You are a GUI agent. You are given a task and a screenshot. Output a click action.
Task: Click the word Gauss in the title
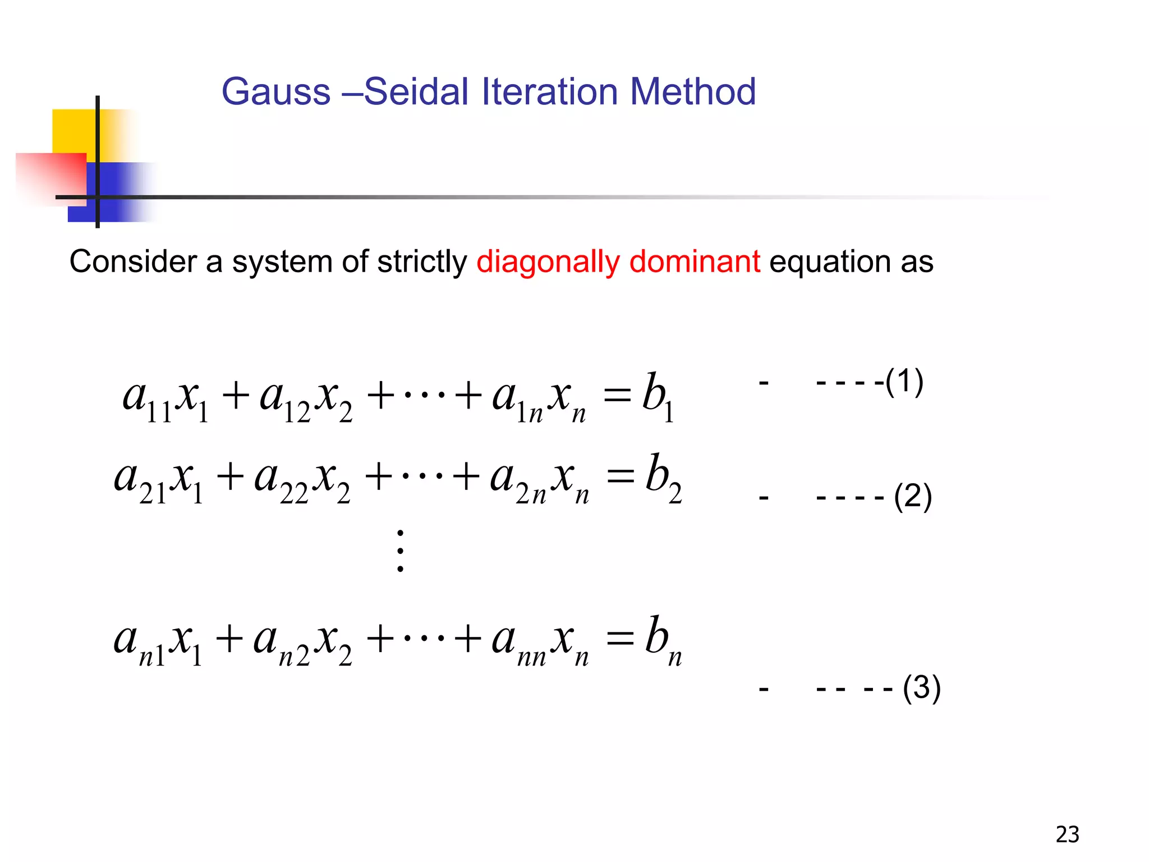click(276, 91)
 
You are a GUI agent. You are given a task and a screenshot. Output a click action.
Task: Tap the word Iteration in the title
click(550, 91)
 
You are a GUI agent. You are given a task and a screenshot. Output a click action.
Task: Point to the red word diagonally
click(548, 263)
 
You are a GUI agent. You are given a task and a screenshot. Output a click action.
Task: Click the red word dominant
click(695, 262)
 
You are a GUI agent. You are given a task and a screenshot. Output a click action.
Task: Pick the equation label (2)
click(913, 497)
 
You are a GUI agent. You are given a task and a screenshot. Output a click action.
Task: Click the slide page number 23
click(1067, 835)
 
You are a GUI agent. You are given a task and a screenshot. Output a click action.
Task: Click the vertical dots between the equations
click(400, 551)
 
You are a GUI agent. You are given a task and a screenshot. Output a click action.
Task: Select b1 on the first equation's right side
click(658, 396)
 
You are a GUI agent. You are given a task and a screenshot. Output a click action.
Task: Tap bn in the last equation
click(663, 639)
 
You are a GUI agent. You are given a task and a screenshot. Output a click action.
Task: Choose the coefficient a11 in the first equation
click(147, 398)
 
